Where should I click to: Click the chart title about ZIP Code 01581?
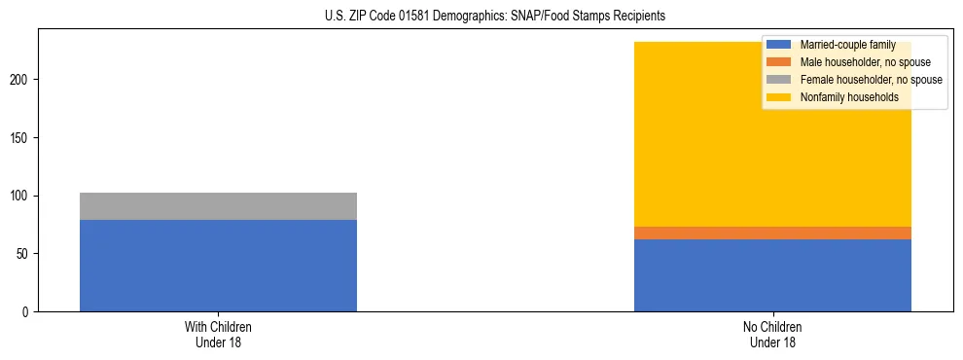coord(495,17)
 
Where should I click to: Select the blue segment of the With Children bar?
coord(218,266)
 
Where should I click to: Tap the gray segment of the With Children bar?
coord(218,206)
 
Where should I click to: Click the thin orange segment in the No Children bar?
coord(772,233)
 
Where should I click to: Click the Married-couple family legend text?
coord(847,45)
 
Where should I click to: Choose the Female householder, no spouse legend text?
coord(871,80)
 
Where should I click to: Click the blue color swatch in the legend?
coord(779,45)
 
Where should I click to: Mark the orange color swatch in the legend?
coord(779,62)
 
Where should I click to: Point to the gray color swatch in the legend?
coord(779,80)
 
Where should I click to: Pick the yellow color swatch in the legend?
coord(779,97)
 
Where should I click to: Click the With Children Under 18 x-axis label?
coord(218,334)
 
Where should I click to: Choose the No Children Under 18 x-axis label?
coord(772,334)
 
